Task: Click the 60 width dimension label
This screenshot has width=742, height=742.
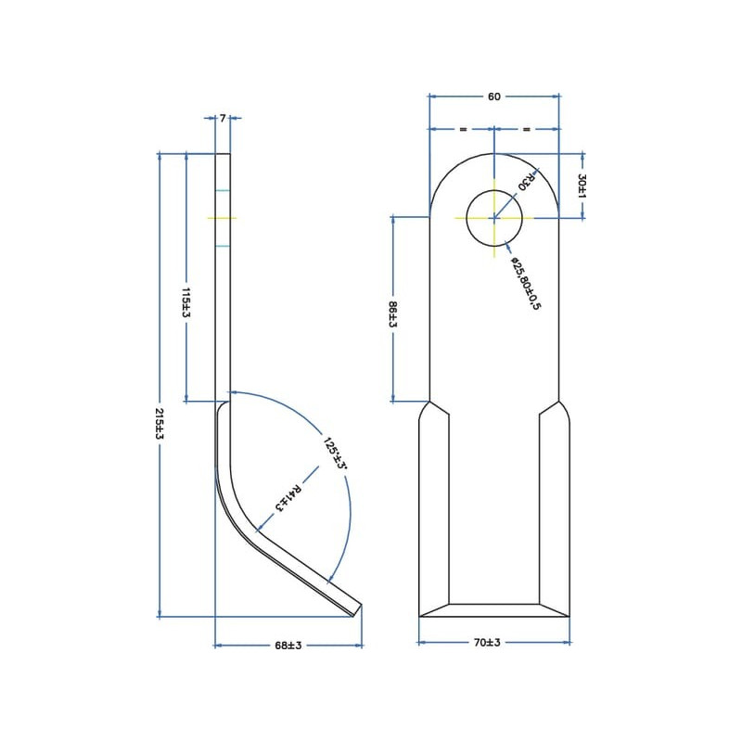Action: coord(493,96)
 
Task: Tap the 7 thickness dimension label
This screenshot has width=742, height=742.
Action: coord(223,118)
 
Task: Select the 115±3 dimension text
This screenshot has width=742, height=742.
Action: coord(186,302)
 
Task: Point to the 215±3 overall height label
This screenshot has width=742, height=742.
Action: coord(160,424)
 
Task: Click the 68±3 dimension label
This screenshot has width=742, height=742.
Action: coord(288,646)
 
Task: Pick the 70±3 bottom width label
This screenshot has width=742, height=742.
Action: coord(487,642)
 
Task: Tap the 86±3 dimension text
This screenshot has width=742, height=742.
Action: coord(392,314)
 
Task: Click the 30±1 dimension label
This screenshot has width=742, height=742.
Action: coord(582,186)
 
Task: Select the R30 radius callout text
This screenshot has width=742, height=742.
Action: coord(526,181)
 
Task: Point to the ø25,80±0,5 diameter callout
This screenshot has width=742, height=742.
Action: coord(525,284)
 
